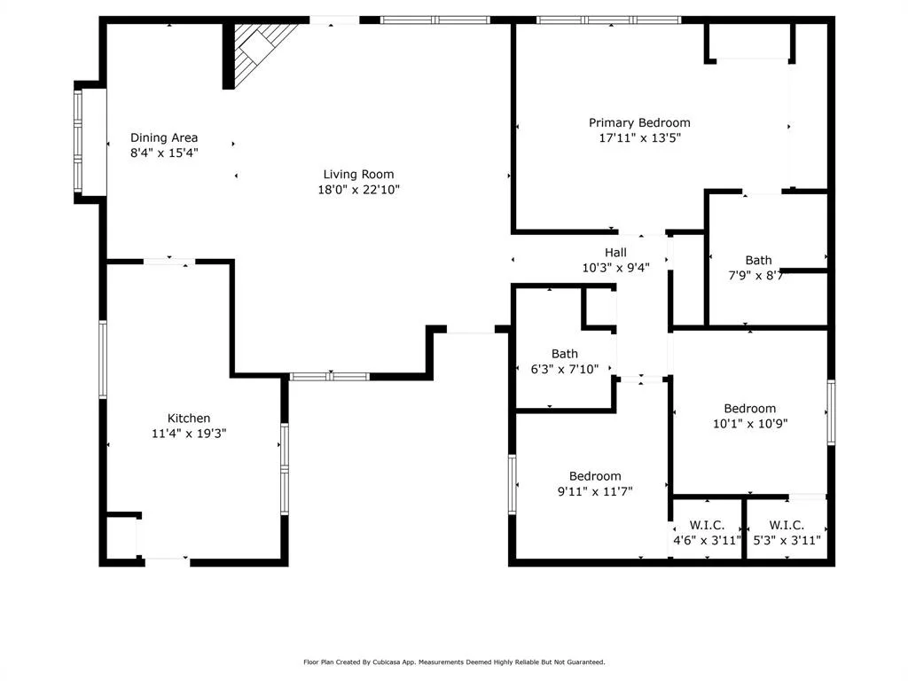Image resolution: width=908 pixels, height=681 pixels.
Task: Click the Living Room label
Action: coord(358,175)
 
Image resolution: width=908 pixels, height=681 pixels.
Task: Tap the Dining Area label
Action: coord(164,137)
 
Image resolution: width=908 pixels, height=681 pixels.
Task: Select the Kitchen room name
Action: coord(189,419)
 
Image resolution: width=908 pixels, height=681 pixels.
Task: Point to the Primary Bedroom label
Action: coord(639,122)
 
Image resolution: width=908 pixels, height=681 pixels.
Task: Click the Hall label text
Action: coord(615,253)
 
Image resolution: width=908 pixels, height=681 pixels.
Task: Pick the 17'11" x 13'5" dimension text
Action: coord(640,137)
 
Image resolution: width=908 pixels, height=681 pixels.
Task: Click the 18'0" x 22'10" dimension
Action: coord(358,190)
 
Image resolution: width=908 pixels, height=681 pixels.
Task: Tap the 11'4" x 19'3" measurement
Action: coord(189,433)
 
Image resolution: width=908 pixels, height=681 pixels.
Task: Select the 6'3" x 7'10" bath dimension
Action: coord(565,369)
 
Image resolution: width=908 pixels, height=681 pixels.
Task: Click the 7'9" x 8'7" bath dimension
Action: coord(755,276)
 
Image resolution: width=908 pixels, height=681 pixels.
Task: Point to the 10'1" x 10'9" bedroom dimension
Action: coord(750,423)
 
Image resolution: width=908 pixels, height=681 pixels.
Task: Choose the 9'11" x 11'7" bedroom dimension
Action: coord(595,491)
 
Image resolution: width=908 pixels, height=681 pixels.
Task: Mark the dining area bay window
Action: coord(78,142)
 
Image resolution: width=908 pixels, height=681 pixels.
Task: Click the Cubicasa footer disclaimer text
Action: coord(454,661)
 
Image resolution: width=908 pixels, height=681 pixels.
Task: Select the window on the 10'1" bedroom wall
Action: coord(831,412)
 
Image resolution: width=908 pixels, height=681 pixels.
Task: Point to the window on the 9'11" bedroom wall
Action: coord(512,484)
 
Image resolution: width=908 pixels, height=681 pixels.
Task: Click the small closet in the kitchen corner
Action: coord(122,536)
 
